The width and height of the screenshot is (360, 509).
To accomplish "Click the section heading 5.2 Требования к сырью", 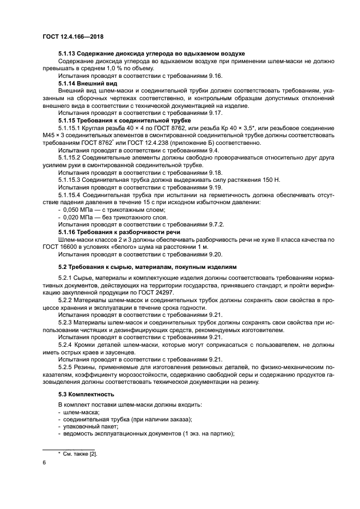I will click(x=148, y=267).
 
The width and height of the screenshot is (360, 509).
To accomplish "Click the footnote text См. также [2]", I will click(x=80, y=453).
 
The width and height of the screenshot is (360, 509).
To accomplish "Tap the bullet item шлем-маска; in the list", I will click(x=77, y=412).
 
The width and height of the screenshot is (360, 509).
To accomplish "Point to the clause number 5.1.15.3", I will click(x=73, y=180).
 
